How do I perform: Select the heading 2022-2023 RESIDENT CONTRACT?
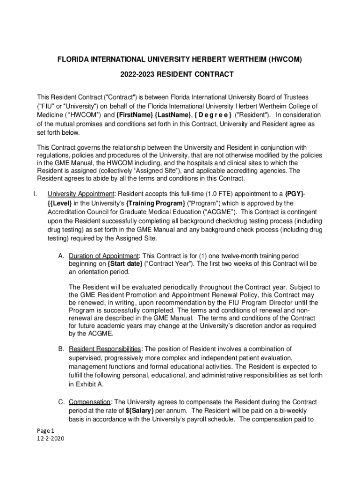tap(180, 74)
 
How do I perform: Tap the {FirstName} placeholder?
tap(135, 115)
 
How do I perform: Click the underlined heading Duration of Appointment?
tap(103, 255)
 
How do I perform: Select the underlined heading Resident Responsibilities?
tap(104, 348)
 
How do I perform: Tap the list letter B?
tap(61, 348)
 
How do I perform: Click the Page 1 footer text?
tap(46, 430)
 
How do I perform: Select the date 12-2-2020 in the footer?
tap(50, 438)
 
